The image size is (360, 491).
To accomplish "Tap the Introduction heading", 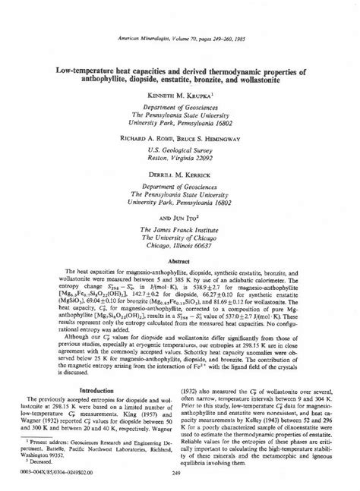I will (x=99, y=390).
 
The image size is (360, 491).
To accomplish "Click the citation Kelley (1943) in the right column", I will (x=255, y=420).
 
